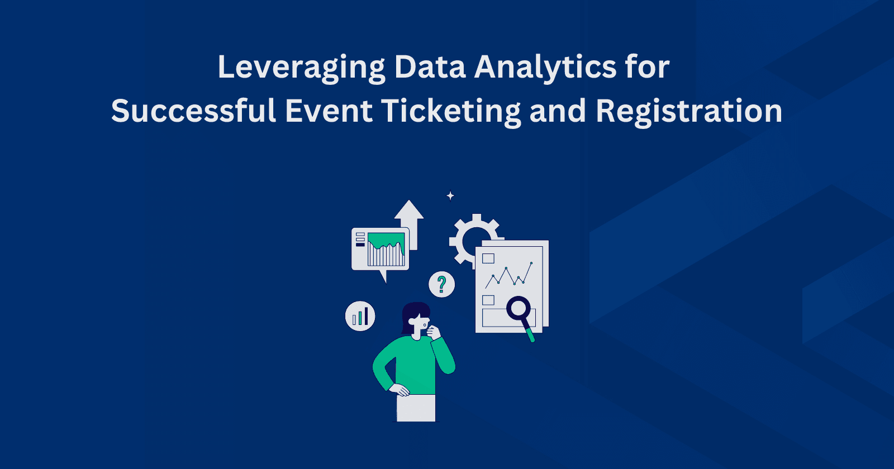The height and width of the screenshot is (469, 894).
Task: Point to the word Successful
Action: (193, 111)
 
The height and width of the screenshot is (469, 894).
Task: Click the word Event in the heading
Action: (329, 111)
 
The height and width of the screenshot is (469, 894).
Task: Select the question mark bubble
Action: (441, 284)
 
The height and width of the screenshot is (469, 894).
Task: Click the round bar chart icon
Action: (360, 317)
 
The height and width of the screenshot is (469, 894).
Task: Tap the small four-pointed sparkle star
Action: (450, 196)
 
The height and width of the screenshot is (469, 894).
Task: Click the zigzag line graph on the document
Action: (508, 275)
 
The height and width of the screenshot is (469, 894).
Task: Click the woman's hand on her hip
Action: (400, 390)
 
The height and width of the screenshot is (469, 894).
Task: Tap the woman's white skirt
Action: (416, 408)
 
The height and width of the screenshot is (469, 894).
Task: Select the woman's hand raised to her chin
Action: (434, 333)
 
